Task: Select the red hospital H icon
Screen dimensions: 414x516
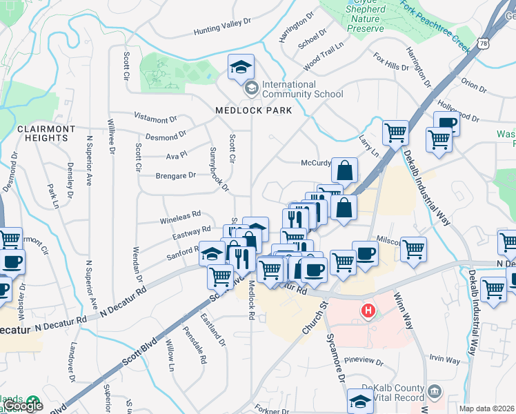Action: click(x=369, y=311)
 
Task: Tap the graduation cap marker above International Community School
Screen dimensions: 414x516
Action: click(x=241, y=67)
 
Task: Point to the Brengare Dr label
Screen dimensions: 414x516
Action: click(x=176, y=176)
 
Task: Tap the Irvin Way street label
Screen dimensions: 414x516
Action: click(x=444, y=359)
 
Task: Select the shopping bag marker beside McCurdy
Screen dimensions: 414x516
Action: click(x=344, y=170)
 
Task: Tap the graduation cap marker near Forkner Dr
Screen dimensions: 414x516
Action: click(x=360, y=401)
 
